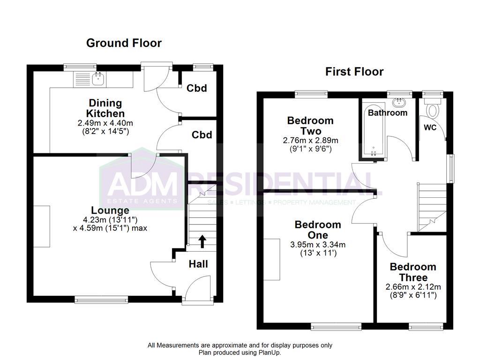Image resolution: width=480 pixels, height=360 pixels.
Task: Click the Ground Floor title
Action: (124, 43)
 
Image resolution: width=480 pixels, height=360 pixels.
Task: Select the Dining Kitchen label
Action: (105, 108)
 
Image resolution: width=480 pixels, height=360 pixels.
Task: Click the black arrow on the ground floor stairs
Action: (202, 241)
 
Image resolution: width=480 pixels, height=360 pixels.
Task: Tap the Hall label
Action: (198, 264)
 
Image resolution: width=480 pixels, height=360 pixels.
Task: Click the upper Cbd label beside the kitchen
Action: (197, 88)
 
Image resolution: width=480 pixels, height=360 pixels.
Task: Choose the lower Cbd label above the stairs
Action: (202, 135)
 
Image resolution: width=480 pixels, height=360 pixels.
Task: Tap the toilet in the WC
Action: (432, 110)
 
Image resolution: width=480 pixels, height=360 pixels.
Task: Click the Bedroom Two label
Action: (310, 125)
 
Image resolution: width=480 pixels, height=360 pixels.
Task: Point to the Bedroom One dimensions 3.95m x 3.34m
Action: (318, 244)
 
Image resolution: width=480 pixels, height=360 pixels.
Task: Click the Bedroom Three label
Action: (413, 272)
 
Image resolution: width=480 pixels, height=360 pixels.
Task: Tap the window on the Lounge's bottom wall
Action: (101, 299)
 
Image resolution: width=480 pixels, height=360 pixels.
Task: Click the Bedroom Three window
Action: (426, 326)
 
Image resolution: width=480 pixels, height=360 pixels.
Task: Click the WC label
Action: (430, 127)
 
